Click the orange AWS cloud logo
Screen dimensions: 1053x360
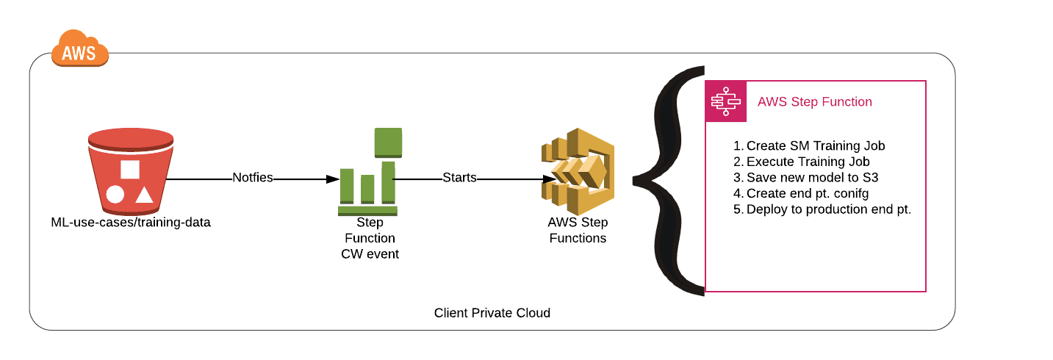[x=80, y=48]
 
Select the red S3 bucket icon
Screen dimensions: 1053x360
[x=131, y=171]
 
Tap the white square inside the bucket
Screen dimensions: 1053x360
[x=130, y=170]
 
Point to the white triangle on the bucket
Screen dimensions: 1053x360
[x=144, y=195]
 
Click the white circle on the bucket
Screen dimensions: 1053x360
[x=115, y=194]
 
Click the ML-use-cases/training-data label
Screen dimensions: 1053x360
[x=131, y=223]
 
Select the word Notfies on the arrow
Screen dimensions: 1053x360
[x=253, y=178]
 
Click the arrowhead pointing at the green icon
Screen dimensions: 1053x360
[x=333, y=179]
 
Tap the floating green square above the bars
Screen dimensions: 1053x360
[x=388, y=143]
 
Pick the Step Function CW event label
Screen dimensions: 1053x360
[x=370, y=238]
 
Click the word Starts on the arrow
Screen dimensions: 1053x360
[x=460, y=178]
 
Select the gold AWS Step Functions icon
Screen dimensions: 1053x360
[x=578, y=171]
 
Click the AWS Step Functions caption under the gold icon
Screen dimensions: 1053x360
[x=578, y=230]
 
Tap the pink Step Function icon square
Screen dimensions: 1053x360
[x=726, y=101]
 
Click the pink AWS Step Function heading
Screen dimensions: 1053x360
[x=815, y=102]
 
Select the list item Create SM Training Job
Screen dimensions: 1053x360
[x=809, y=146]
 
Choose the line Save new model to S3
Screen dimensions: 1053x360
[x=806, y=178]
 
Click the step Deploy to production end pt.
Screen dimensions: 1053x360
[x=822, y=209]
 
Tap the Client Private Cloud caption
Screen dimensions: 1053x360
[x=492, y=313]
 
